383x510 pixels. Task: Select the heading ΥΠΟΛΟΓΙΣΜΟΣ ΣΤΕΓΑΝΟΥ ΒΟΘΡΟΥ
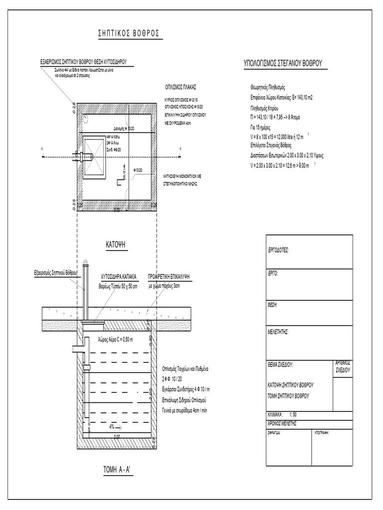tap(283, 63)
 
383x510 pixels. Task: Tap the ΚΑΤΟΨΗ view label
tap(118, 245)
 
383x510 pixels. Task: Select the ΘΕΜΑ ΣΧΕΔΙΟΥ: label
tap(280, 365)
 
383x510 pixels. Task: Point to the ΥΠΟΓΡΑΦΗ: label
tap(322, 433)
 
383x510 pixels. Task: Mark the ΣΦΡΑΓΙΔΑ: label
tap(275, 433)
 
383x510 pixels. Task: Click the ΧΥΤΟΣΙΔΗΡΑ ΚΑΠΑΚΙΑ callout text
tap(119, 275)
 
